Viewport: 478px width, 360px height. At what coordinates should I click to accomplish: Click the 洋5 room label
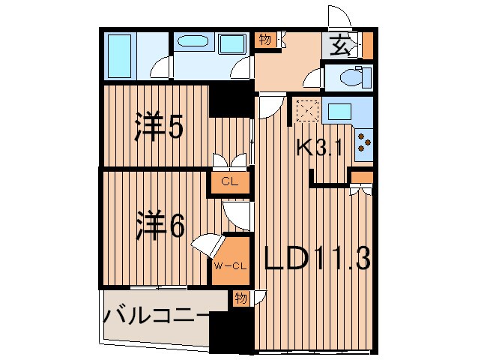point(160,128)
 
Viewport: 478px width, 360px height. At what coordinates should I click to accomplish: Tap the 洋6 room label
point(160,226)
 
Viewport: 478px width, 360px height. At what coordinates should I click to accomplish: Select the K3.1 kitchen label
point(319,148)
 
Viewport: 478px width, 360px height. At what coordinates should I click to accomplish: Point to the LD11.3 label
point(318,259)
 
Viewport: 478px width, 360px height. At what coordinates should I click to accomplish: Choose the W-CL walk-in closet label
point(230,265)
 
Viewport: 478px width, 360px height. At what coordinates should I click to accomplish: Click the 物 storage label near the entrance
point(265,38)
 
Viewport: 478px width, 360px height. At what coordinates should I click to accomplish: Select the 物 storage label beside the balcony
point(240,297)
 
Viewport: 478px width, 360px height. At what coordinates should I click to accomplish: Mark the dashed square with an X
point(307,111)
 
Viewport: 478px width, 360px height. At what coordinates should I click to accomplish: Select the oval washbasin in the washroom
point(196,42)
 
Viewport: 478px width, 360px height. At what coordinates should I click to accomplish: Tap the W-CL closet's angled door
point(207,245)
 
